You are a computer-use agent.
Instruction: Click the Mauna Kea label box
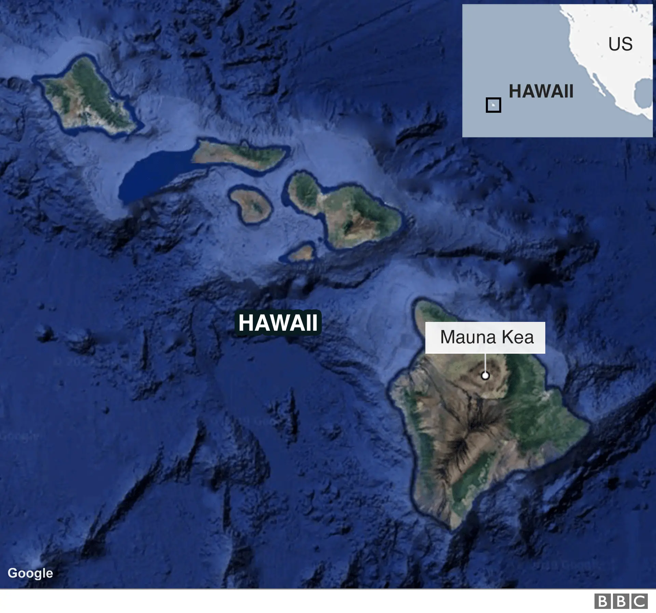pos(485,337)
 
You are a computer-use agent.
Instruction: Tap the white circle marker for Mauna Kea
pos(485,376)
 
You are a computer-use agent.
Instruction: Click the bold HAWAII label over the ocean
pos(278,323)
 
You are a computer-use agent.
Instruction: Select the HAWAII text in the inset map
pos(541,91)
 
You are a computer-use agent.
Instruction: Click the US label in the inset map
pos(620,44)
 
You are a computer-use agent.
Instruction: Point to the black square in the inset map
pos(493,105)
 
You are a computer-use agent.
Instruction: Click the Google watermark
pos(30,573)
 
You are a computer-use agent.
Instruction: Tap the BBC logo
pos(621,601)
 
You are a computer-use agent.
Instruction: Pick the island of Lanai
pos(250,205)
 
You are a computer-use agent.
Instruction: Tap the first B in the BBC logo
pos(603,601)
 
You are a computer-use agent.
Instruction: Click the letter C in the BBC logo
pos(639,601)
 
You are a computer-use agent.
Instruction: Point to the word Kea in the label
pos(517,337)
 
